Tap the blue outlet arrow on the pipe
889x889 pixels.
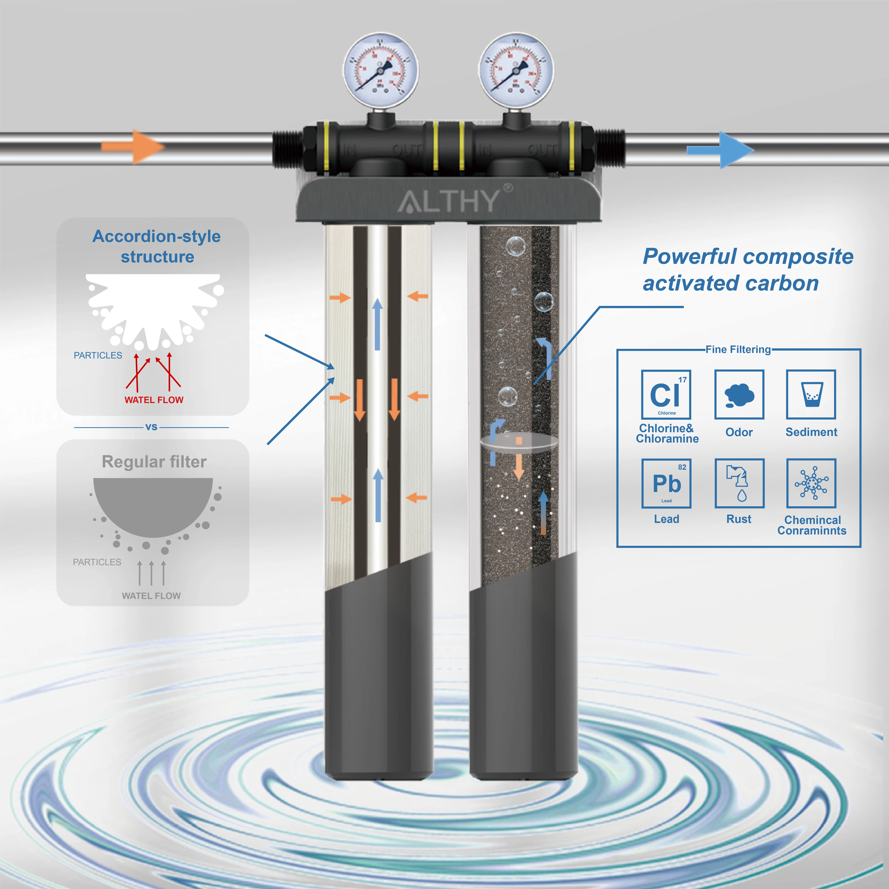click(720, 150)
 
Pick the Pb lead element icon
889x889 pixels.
click(666, 483)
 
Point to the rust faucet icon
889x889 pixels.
click(739, 483)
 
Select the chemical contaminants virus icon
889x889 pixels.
click(811, 483)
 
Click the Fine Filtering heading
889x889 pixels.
click(738, 349)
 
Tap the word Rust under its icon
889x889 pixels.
click(739, 519)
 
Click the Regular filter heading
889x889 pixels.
click(154, 462)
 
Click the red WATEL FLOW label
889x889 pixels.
click(154, 400)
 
